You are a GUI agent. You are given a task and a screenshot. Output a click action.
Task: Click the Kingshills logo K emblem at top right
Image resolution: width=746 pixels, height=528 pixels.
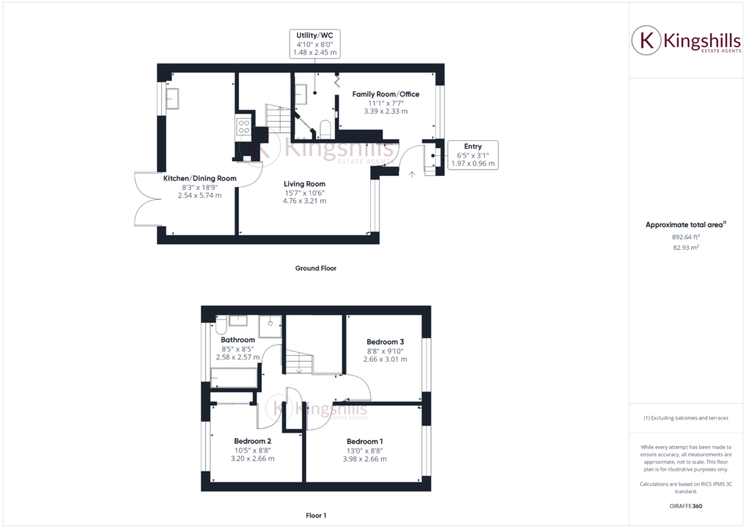(x=646, y=41)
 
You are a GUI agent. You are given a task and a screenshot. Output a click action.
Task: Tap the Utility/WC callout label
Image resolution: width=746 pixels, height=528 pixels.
(x=316, y=43)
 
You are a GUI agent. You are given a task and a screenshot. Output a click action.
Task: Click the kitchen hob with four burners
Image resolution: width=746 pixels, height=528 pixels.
(x=243, y=126)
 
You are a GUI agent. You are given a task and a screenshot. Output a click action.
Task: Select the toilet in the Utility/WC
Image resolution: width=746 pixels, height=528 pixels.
(x=325, y=130)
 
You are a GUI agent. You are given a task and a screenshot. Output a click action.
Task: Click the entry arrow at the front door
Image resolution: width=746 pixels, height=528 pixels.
(x=411, y=174)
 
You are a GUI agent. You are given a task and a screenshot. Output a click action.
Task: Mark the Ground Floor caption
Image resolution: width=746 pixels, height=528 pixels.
(x=316, y=268)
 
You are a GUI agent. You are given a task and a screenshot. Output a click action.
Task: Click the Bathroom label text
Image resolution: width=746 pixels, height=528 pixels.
(x=237, y=340)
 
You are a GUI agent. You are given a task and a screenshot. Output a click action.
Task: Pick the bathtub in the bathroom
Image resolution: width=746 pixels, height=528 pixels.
(x=234, y=378)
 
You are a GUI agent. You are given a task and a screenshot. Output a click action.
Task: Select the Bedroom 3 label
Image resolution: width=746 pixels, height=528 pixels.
(x=385, y=342)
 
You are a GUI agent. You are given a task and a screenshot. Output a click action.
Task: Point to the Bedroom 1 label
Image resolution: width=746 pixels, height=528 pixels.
(x=365, y=441)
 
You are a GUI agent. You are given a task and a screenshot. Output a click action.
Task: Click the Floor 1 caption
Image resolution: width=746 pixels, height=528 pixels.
(x=316, y=516)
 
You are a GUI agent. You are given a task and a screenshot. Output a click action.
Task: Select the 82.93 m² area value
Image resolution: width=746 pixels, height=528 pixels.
(x=686, y=248)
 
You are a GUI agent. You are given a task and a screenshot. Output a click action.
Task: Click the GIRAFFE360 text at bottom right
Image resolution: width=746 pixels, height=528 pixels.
(x=686, y=507)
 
